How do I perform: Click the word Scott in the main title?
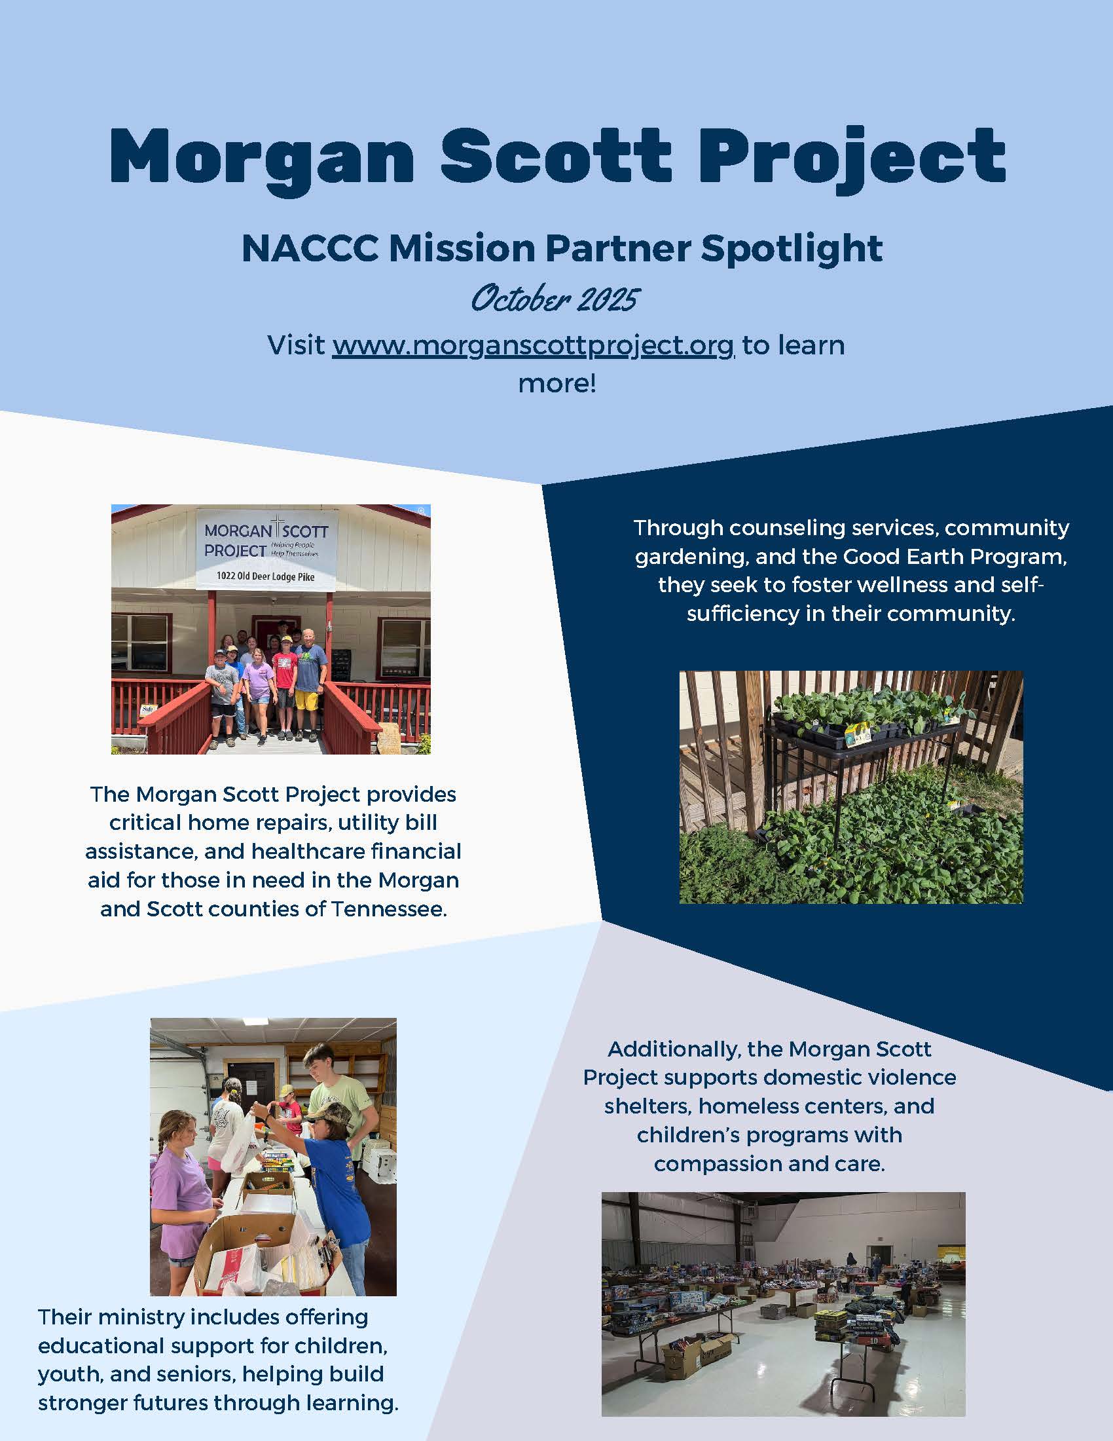pos(556,156)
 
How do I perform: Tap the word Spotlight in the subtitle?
pos(792,250)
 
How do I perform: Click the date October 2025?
pos(555,299)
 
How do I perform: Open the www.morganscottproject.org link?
pos(533,346)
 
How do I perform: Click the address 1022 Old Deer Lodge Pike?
pos(266,576)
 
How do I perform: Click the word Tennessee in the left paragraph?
pos(389,909)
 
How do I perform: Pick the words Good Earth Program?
pos(934,557)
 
